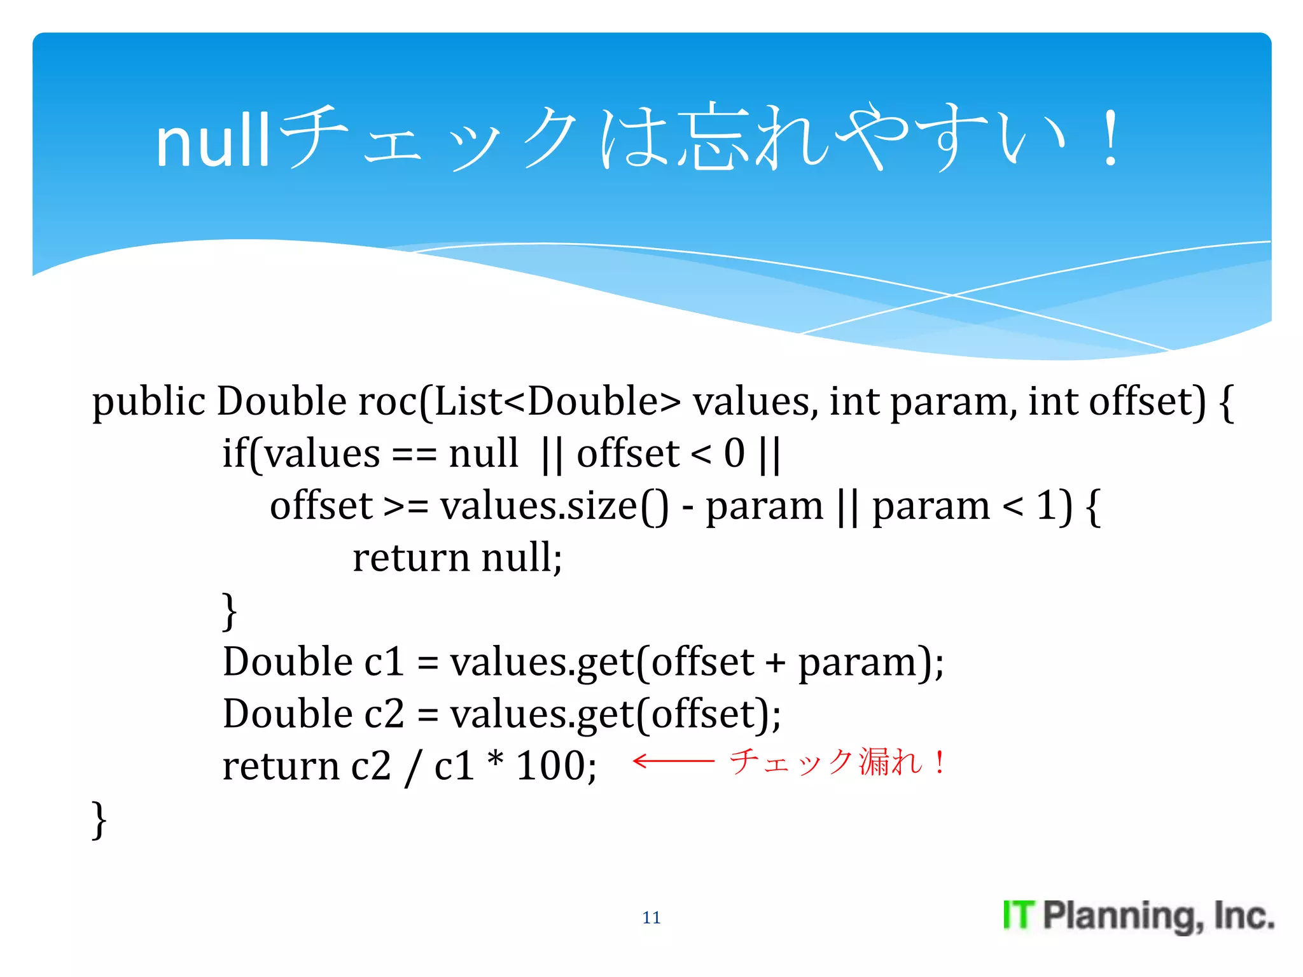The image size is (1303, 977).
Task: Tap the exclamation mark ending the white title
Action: [x=1111, y=139]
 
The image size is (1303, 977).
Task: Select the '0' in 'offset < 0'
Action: [x=734, y=454]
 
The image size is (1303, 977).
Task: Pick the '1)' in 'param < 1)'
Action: [x=1054, y=507]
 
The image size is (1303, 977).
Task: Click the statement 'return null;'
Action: [x=457, y=558]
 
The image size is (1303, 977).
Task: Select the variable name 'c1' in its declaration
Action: [x=384, y=662]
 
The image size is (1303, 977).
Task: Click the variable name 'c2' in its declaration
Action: [x=384, y=714]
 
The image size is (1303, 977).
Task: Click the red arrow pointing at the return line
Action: [x=674, y=761]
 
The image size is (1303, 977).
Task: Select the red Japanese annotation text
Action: [x=837, y=761]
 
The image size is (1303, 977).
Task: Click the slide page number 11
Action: [x=651, y=917]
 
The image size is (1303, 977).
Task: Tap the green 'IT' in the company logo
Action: [x=1019, y=916]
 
